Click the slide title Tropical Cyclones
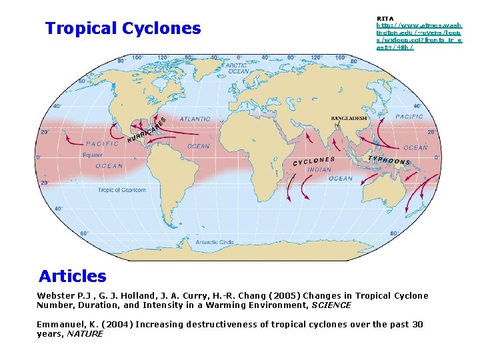click(x=123, y=29)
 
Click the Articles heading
click(x=72, y=276)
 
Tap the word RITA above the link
click(x=385, y=18)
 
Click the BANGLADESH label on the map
click(x=349, y=119)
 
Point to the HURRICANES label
click(x=147, y=130)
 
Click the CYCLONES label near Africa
click(x=313, y=161)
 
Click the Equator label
click(x=93, y=155)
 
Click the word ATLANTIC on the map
click(x=195, y=119)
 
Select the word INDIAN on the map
click(x=319, y=169)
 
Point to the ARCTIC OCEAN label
click(x=237, y=68)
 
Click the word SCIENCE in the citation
click(x=331, y=305)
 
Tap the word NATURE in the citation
click(x=86, y=334)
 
